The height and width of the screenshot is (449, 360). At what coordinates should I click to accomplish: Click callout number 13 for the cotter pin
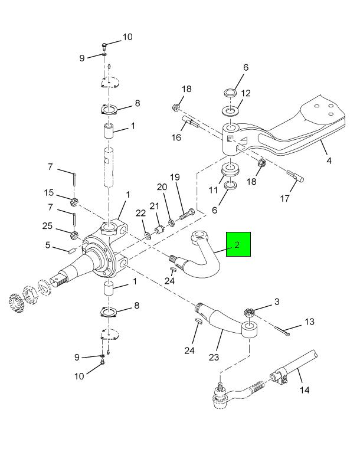(310, 322)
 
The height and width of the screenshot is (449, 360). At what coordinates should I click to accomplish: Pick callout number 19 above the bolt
(175, 177)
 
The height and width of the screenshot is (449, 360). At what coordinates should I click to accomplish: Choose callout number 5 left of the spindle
(47, 245)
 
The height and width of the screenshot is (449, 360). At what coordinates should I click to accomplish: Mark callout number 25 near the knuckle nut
(47, 226)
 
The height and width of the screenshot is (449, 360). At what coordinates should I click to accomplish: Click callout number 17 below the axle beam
(285, 198)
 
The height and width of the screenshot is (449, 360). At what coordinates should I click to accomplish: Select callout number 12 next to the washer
(246, 93)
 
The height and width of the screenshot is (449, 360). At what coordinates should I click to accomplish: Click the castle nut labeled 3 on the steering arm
(249, 312)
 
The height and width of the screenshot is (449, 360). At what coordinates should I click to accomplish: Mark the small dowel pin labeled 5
(71, 251)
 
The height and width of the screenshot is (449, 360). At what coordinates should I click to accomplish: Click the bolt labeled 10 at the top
(104, 45)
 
